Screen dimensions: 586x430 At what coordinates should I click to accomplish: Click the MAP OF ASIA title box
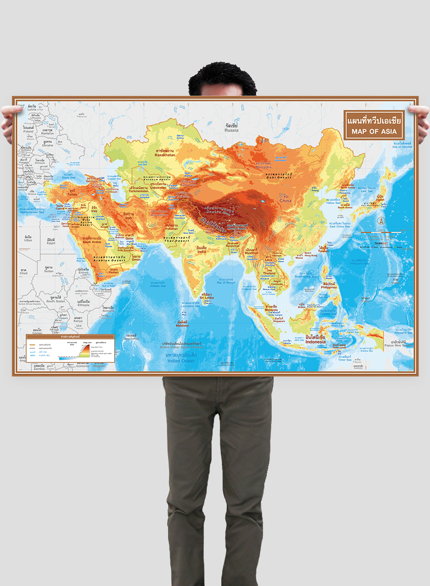point(374,126)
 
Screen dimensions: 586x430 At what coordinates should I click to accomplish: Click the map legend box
point(70,348)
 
